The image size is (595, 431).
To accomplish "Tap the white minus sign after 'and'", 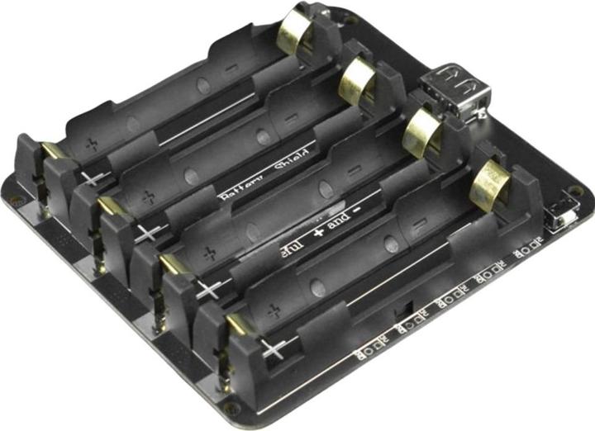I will pyautogui.click(x=358, y=213).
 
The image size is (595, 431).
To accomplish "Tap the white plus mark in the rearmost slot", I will pyautogui.click(x=93, y=178).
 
